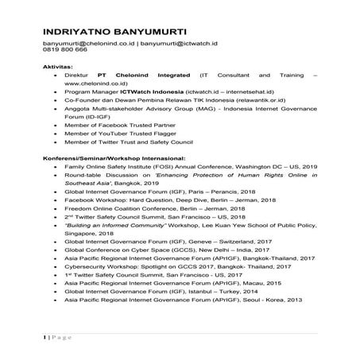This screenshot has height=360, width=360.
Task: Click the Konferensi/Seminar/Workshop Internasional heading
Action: pos(115,180)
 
